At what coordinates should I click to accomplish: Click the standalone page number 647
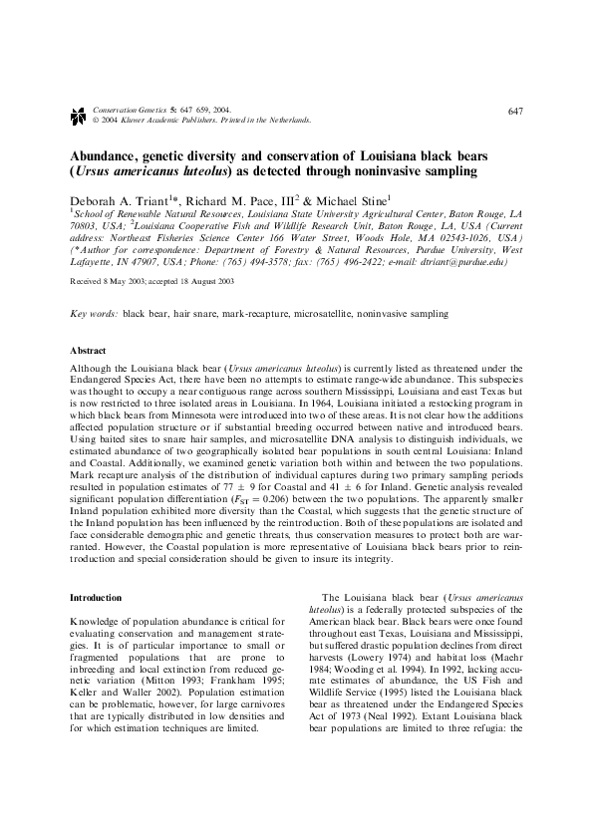click(515, 110)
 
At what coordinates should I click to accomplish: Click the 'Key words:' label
click(93, 313)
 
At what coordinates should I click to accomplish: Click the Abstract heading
click(87, 352)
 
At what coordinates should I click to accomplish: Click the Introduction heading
click(95, 597)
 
